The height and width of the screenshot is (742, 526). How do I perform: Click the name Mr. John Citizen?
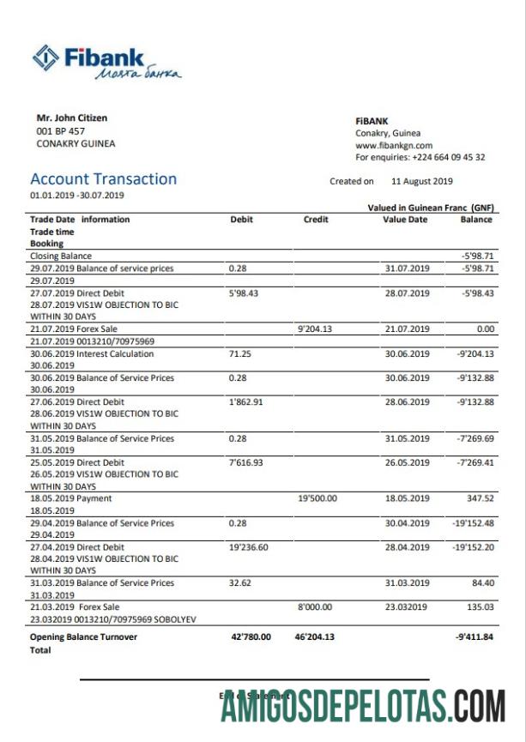tap(72, 118)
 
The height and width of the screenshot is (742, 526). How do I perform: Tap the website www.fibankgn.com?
tap(394, 146)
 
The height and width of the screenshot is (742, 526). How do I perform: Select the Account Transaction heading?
tap(103, 179)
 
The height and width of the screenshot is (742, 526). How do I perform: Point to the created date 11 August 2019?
tap(421, 182)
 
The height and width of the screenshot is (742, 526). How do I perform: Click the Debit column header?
tap(242, 220)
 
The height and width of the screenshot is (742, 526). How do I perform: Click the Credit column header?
tap(316, 220)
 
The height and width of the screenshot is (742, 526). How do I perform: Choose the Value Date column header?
tap(405, 220)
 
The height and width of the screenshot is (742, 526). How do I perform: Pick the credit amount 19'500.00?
tap(317, 498)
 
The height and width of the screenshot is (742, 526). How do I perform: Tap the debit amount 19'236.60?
tap(249, 547)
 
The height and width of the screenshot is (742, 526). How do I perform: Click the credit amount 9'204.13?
tap(315, 329)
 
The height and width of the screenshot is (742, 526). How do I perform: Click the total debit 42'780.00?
tap(251, 637)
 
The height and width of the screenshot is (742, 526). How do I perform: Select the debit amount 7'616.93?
tap(247, 462)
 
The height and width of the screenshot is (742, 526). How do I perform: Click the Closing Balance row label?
tap(61, 256)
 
